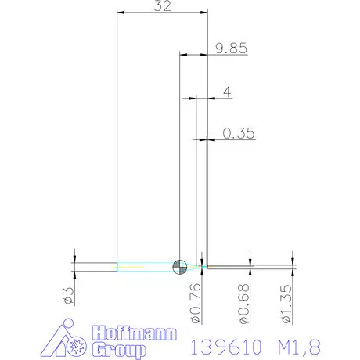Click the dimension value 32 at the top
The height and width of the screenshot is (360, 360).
click(x=162, y=7)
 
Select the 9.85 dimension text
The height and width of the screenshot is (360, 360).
click(x=231, y=48)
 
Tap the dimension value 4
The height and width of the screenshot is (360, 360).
click(x=226, y=92)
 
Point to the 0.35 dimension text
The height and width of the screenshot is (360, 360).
click(x=239, y=133)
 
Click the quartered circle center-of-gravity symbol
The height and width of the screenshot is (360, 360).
click(x=180, y=267)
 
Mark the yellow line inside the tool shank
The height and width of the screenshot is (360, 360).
click(x=133, y=268)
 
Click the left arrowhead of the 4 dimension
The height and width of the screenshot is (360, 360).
click(x=185, y=98)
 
